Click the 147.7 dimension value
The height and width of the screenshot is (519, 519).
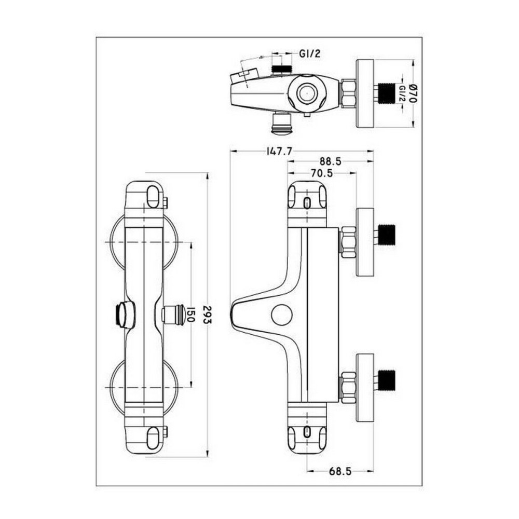[x=279, y=151]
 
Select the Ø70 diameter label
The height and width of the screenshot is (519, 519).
[x=414, y=94]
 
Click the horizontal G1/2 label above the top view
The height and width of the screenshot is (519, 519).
[x=309, y=53]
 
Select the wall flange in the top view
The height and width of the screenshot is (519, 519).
[x=365, y=93]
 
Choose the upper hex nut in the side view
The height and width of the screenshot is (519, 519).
[x=347, y=241]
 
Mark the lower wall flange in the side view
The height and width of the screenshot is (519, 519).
[x=365, y=388]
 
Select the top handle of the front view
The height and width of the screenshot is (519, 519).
[x=145, y=196]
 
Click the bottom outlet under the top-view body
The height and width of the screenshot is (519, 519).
[x=282, y=123]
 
